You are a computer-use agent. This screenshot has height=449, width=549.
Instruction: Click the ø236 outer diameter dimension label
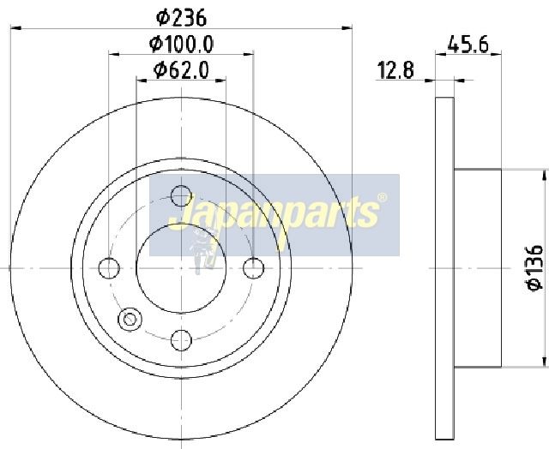tap(181, 18)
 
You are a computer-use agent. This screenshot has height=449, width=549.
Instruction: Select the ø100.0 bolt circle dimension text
tap(181, 45)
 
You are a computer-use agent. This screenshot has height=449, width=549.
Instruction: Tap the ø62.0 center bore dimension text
tap(181, 70)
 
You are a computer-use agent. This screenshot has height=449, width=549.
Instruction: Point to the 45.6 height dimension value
tap(468, 45)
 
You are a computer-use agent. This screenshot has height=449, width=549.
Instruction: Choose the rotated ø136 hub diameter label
tap(534, 268)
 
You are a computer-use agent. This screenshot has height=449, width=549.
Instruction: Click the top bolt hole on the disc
tap(181, 196)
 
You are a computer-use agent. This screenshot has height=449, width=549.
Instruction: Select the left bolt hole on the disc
tap(109, 268)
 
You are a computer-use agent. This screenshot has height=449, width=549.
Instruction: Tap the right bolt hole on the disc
tap(254, 268)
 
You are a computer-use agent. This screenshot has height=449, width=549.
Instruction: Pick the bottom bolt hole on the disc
tap(181, 340)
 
